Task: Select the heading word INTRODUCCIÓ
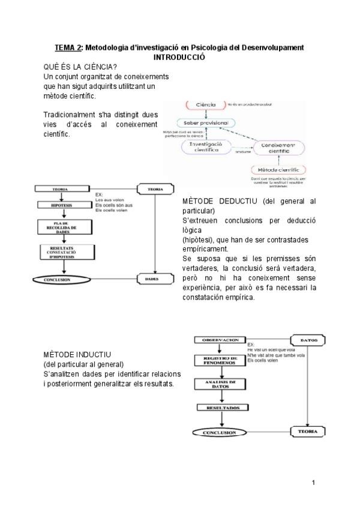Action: click(x=179, y=56)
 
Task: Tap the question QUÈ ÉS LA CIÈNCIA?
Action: click(x=80, y=67)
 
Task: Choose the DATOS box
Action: click(x=308, y=340)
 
